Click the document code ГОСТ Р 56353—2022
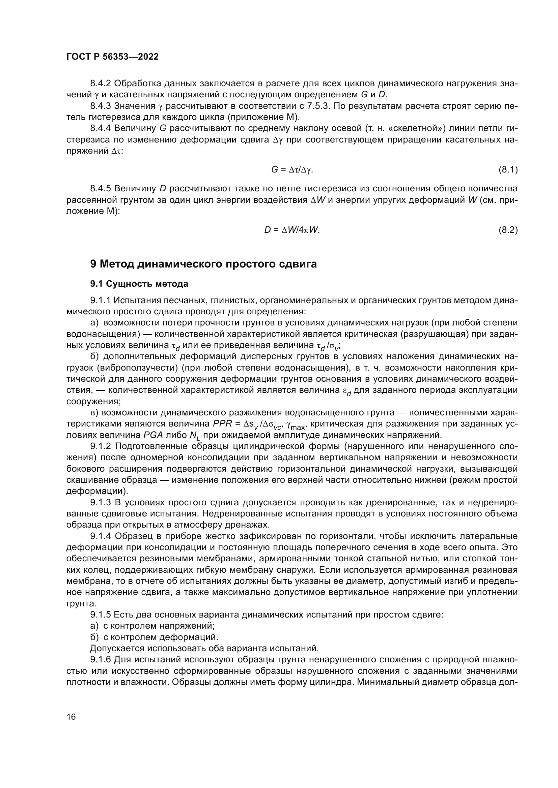(x=112, y=57)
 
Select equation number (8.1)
(x=508, y=169)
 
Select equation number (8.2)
(x=508, y=230)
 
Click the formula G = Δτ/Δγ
(x=292, y=169)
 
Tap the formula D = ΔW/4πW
(x=292, y=230)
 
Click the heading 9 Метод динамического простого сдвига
(x=203, y=264)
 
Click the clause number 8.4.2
(x=101, y=84)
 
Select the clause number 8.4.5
(x=101, y=188)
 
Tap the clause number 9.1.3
(x=101, y=503)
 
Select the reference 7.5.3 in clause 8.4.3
(x=318, y=106)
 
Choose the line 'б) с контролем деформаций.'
(x=154, y=637)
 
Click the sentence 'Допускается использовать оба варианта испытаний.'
(x=204, y=648)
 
